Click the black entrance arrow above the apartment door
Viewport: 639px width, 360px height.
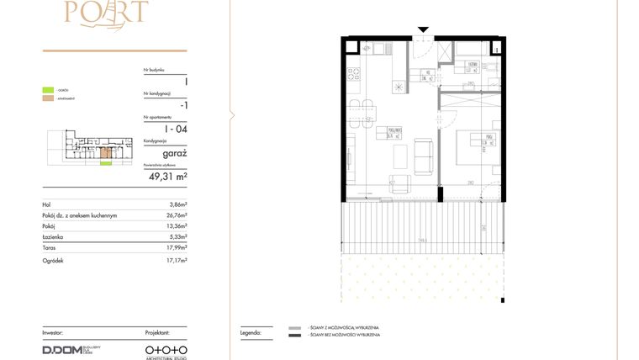423,31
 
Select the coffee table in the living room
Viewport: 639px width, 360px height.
400,157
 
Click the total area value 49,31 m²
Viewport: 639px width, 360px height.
168,177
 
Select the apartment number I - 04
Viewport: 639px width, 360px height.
176,129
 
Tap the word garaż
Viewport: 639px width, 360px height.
174,153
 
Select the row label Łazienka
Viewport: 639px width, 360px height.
53,238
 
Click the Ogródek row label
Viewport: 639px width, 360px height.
54,261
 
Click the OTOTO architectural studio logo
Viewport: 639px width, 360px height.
166,348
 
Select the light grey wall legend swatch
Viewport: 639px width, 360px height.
294,328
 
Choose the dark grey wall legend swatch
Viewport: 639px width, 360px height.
294,336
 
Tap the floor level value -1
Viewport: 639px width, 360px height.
183,105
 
